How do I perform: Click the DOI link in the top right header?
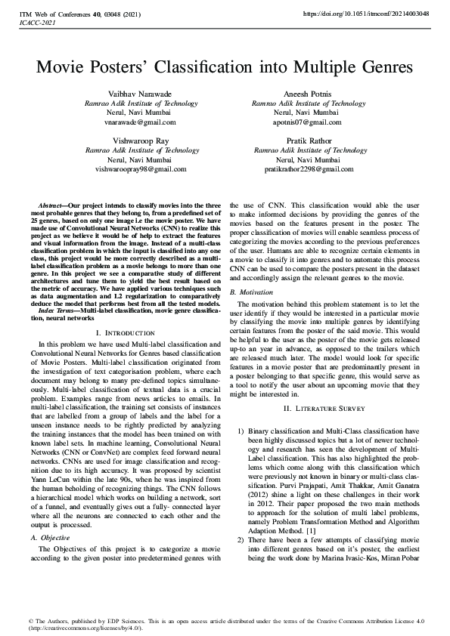[x=365, y=14]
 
